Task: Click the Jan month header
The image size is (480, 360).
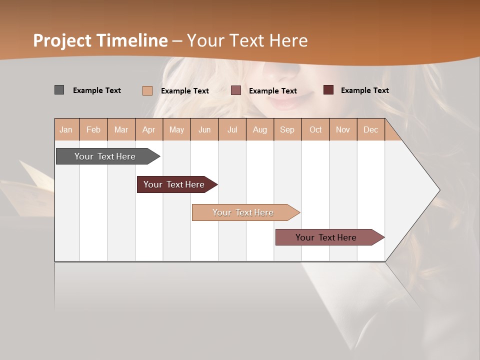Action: coord(66,129)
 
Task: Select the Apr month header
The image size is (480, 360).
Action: coord(148,129)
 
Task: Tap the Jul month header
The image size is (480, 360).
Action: coord(232,129)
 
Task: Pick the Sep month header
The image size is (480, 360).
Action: coord(287,129)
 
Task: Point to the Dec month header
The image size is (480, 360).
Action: coord(370,129)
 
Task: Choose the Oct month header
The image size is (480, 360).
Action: coord(315,129)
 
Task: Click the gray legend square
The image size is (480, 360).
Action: coord(59,90)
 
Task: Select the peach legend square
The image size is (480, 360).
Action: coord(147,90)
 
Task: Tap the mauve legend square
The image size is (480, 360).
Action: coord(236,90)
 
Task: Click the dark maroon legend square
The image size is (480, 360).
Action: coord(328,90)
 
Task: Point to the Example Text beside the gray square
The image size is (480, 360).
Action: coord(97,90)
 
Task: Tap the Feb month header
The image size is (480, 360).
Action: coord(93,129)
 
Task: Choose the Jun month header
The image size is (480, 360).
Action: coord(204,129)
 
